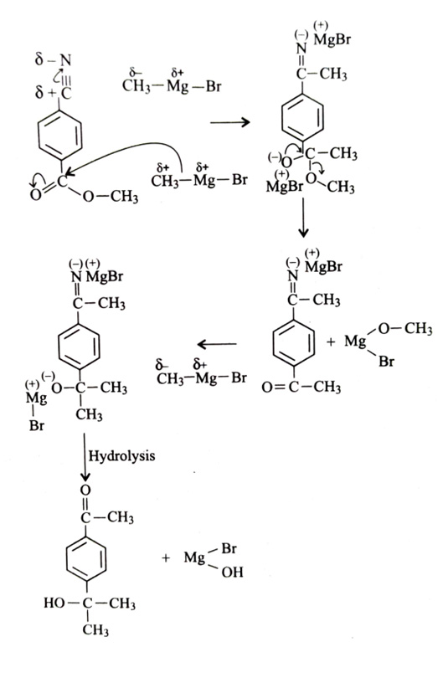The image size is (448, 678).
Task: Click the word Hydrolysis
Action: point(121,456)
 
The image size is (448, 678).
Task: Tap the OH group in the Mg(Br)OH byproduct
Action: point(232,573)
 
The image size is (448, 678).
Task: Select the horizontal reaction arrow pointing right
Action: point(230,122)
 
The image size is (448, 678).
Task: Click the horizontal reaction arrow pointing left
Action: point(217,344)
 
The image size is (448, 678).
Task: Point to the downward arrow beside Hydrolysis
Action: point(85,457)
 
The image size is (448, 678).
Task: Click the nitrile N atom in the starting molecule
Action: point(65,60)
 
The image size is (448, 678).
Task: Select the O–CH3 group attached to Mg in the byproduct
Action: point(405,329)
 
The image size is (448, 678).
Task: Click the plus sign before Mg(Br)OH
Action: point(166,558)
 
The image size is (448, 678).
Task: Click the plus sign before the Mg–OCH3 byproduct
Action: point(331,342)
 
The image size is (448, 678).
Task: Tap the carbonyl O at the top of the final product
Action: point(85,491)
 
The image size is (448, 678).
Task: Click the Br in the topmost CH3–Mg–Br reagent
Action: point(214,86)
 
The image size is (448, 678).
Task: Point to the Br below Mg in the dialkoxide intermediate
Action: point(37,426)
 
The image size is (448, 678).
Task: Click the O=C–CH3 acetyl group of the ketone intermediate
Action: point(301,387)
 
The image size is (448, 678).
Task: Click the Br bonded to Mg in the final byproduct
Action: point(229,549)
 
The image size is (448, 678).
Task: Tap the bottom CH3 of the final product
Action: point(95,630)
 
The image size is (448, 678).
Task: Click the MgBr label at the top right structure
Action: point(332,40)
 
